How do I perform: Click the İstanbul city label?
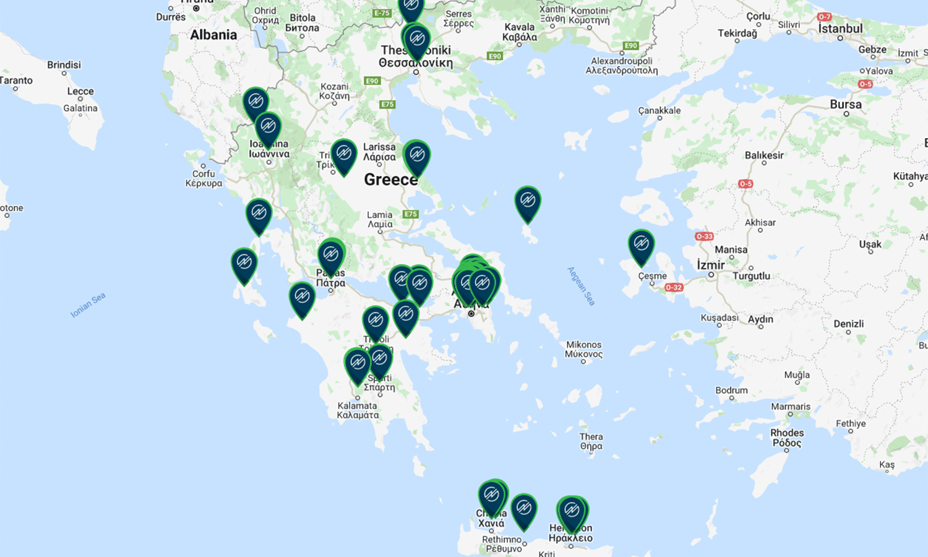840,28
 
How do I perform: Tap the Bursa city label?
845,104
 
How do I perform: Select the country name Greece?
390,179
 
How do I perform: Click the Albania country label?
213,35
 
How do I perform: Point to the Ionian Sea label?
88,305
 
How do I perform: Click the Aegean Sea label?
581,286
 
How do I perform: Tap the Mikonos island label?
583,349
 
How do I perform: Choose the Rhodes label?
787,438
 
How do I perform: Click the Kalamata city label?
357,410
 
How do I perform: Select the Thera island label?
591,441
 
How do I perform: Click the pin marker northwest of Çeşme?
641,244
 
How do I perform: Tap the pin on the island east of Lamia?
528,201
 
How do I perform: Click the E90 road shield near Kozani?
372,81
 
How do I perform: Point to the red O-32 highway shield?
674,287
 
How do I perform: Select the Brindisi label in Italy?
64,64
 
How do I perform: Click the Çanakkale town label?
659,111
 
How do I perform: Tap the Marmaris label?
790,407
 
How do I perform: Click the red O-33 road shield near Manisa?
704,236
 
